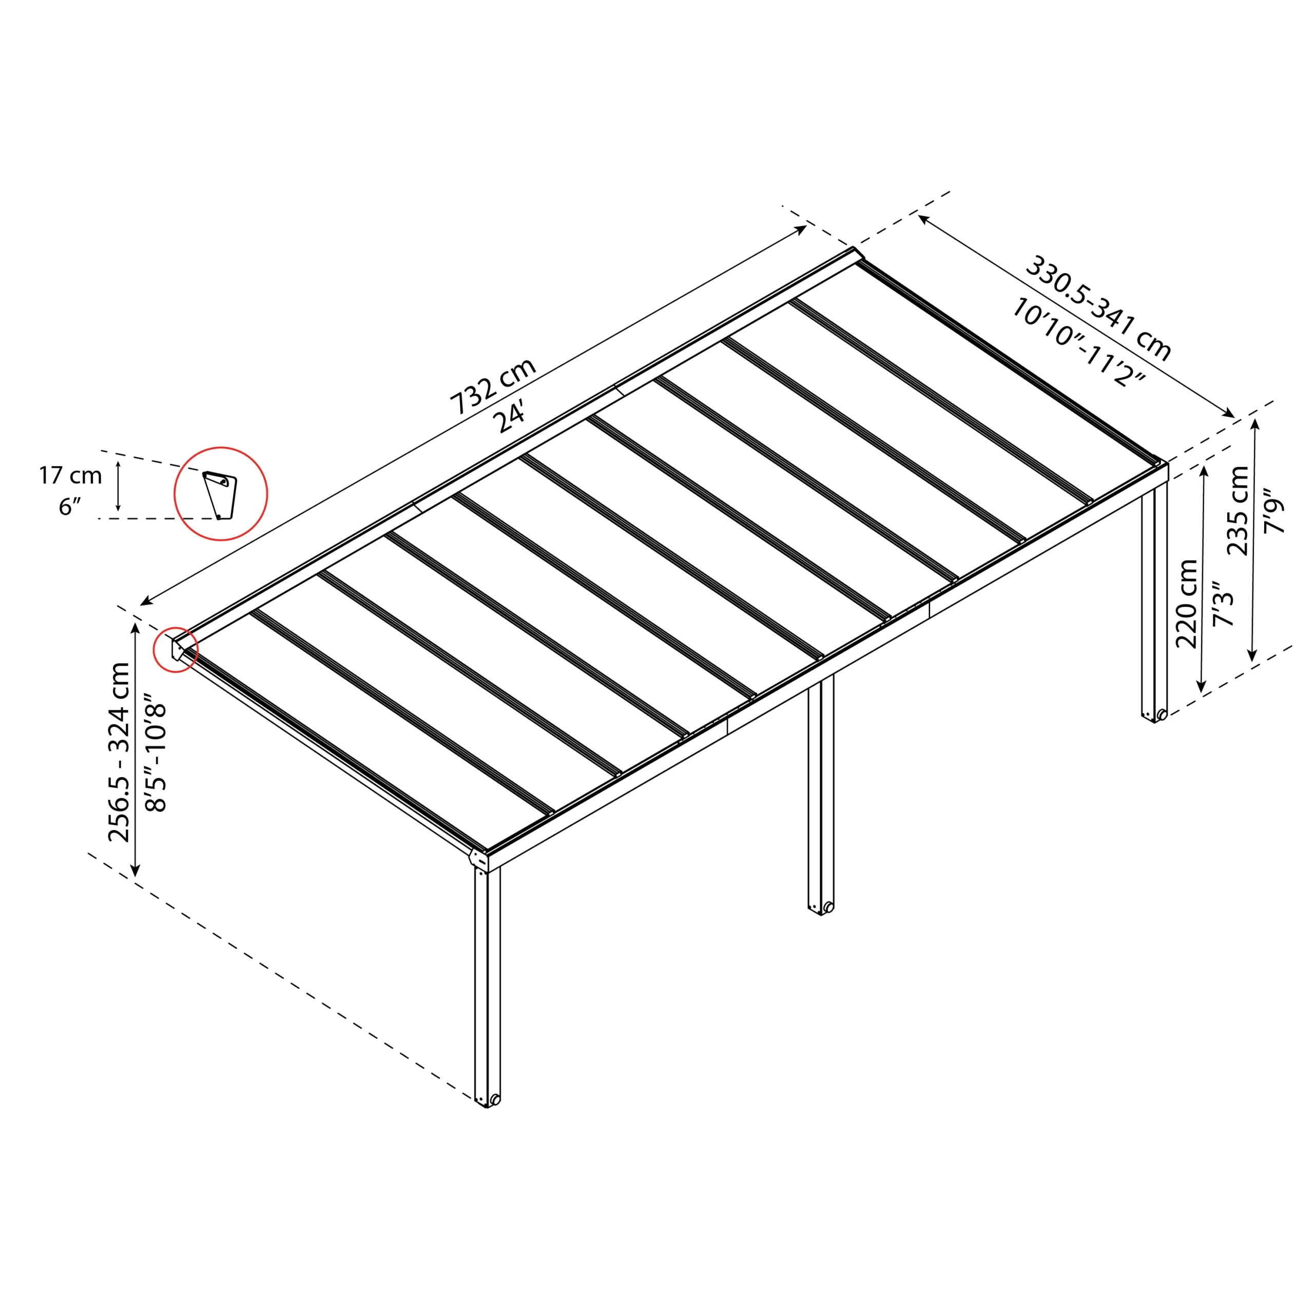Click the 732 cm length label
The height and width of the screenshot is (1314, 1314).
click(x=493, y=387)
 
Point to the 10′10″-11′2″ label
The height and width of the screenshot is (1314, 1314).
click(x=1078, y=342)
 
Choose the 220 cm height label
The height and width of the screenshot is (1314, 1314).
click(x=1187, y=604)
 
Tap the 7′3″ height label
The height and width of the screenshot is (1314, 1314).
click(x=1222, y=604)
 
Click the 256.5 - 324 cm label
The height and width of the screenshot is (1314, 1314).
click(x=120, y=751)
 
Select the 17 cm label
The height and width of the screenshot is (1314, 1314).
click(x=70, y=475)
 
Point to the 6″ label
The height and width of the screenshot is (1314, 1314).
click(x=70, y=507)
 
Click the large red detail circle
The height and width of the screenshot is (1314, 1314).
click(x=221, y=494)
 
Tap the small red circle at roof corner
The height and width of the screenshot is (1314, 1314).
click(x=176, y=649)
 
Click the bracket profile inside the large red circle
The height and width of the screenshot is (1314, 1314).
click(x=220, y=494)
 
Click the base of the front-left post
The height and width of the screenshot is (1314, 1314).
click(x=487, y=1100)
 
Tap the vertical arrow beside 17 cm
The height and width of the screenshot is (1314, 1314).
click(x=119, y=486)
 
